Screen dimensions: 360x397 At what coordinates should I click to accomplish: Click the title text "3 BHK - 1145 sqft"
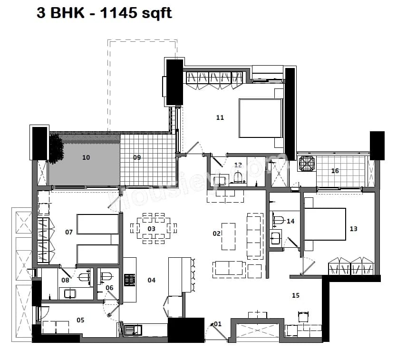(104, 13)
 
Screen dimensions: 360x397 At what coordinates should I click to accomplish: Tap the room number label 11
(220, 117)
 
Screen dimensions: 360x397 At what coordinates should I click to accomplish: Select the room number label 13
(353, 229)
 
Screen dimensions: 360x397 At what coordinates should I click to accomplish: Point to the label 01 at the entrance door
(218, 324)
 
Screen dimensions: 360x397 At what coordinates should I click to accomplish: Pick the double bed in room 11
(260, 117)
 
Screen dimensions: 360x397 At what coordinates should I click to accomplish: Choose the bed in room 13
(325, 224)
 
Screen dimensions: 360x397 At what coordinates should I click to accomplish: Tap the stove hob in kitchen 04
(130, 280)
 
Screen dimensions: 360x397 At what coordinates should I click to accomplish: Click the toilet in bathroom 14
(279, 220)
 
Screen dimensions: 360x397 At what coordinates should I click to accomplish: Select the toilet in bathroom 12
(238, 178)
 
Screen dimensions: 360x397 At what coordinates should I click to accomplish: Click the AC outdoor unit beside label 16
(307, 164)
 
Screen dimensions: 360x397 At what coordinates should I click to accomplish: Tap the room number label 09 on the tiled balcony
(137, 157)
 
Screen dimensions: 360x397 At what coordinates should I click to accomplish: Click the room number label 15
(296, 295)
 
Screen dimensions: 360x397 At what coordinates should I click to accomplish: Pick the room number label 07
(69, 232)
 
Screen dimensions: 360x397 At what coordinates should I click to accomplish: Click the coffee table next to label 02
(228, 236)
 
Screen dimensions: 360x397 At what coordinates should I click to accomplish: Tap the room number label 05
(80, 320)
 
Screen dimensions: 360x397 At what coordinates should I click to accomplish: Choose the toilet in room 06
(107, 276)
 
